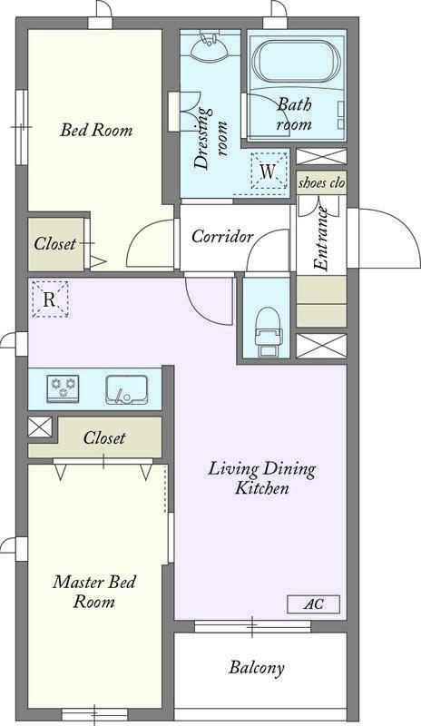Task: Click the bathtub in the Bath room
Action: pos(297,64)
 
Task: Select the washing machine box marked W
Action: pos(268,171)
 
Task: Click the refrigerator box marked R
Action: pos(50,299)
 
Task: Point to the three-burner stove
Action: pos(63,388)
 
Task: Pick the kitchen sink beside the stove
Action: pos(127,389)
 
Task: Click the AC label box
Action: pos(314,604)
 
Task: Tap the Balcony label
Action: pos(256,668)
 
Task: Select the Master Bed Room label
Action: pos(94,592)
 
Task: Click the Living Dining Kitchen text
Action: pos(261,478)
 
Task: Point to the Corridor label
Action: pos(223,236)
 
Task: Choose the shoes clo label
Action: pos(321,182)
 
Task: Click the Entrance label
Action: pos(321,239)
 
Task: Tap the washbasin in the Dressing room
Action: pos(210,44)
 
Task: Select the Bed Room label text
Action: pos(96,130)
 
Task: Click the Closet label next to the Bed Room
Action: pos(55,243)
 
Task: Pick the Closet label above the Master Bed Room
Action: pos(104,437)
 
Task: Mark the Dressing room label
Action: pos(210,139)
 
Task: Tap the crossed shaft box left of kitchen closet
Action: pos(40,427)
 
